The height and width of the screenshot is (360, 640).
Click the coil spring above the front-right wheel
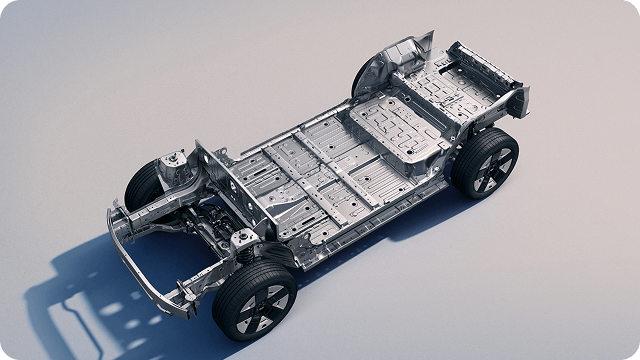(x=243, y=245)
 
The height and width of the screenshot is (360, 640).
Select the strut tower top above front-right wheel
(x=244, y=236)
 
